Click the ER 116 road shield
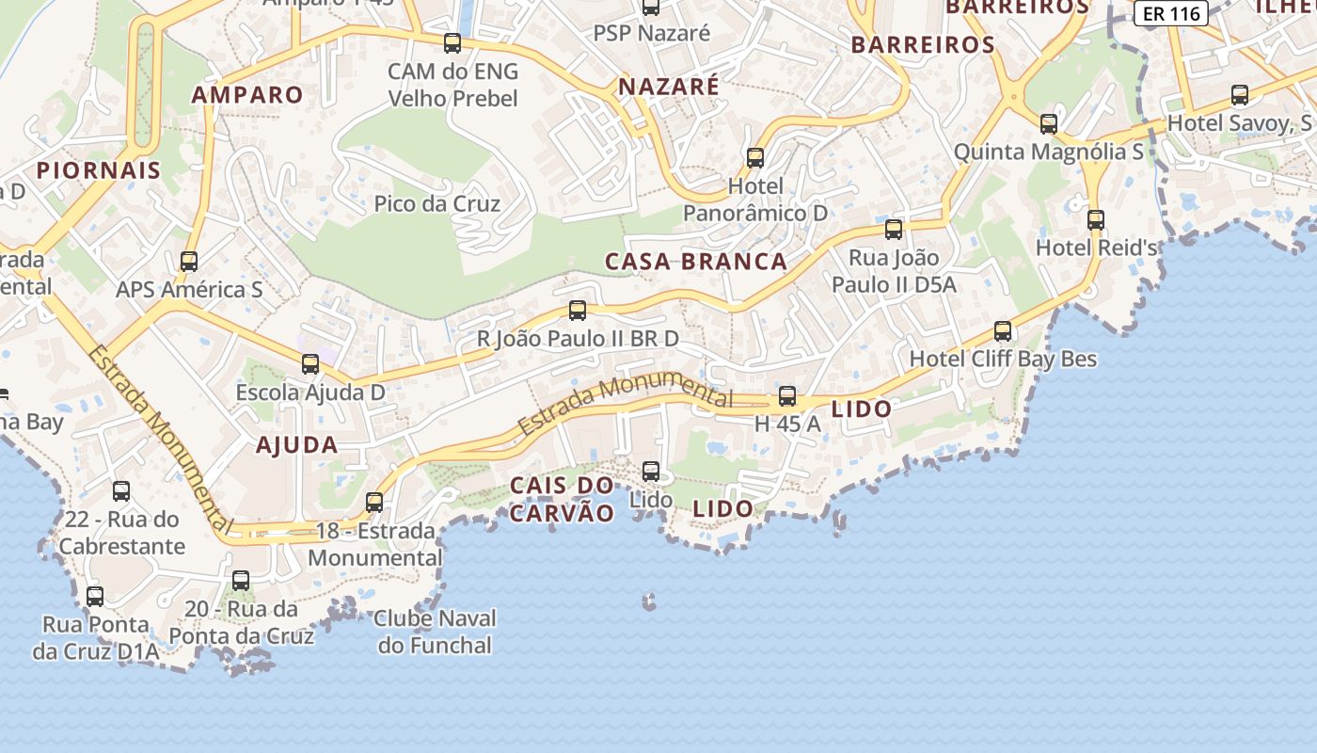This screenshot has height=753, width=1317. pyautogui.click(x=1170, y=13)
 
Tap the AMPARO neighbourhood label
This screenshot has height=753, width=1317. pyautogui.click(x=247, y=95)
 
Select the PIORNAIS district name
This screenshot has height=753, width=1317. pyautogui.click(x=99, y=170)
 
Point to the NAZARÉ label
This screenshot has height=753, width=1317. pyautogui.click(x=668, y=87)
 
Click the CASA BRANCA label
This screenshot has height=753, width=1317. pyautogui.click(x=696, y=262)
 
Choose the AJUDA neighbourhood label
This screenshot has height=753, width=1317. pyautogui.click(x=296, y=445)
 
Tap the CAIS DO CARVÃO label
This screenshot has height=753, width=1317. pyautogui.click(x=562, y=499)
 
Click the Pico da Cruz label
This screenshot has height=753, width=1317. pyautogui.click(x=436, y=203)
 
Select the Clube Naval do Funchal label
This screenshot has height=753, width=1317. pyautogui.click(x=435, y=632)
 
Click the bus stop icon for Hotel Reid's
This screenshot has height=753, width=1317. pyautogui.click(x=1096, y=220)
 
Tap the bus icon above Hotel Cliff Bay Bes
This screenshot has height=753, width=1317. pyautogui.click(x=1003, y=331)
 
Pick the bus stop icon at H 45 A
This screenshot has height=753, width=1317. pyautogui.click(x=787, y=396)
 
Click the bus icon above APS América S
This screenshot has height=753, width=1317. pyautogui.click(x=189, y=262)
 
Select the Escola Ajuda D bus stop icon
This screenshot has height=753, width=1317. pyautogui.click(x=310, y=364)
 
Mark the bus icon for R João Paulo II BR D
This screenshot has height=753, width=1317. pyautogui.click(x=578, y=311)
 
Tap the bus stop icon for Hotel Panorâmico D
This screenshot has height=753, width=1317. pyautogui.click(x=755, y=158)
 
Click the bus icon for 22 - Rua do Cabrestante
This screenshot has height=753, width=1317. pyautogui.click(x=121, y=491)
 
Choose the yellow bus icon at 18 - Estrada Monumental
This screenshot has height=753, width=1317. pyautogui.click(x=374, y=503)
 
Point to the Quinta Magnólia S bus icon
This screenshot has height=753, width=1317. pyautogui.click(x=1049, y=124)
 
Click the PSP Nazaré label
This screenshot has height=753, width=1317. pyautogui.click(x=651, y=34)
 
